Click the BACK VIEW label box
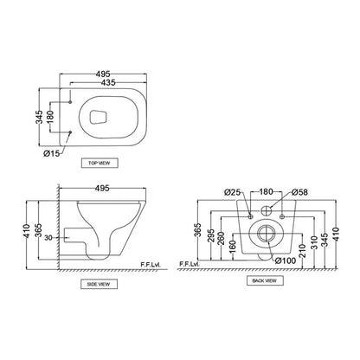pos(264,281)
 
